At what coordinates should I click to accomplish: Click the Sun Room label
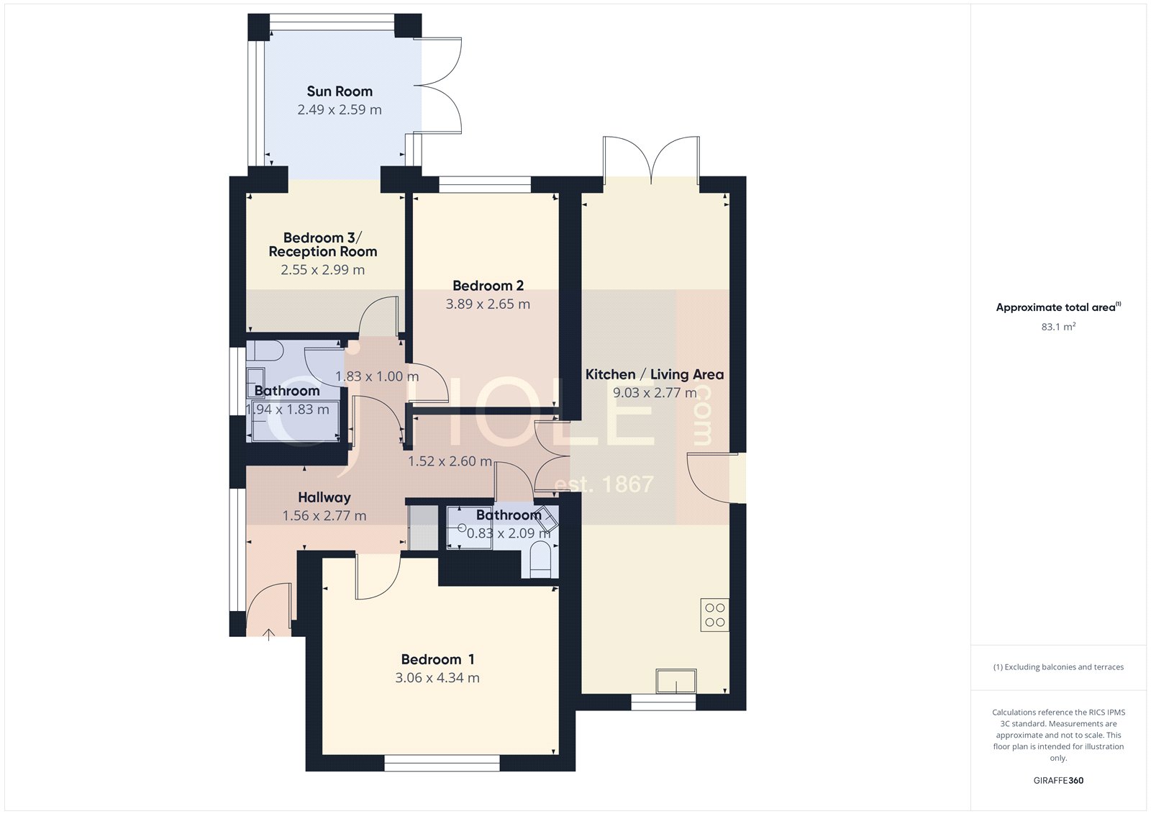pyautogui.click(x=340, y=91)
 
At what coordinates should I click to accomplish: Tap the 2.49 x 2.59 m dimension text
pyautogui.click(x=340, y=110)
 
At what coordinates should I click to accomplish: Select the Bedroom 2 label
pyautogui.click(x=488, y=286)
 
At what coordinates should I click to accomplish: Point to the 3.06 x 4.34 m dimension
pyautogui.click(x=437, y=678)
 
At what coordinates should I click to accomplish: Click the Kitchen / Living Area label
pyautogui.click(x=654, y=374)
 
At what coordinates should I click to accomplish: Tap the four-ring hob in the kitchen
pyautogui.click(x=714, y=615)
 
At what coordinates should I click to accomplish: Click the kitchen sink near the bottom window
pyautogui.click(x=675, y=681)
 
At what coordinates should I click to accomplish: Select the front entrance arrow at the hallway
pyautogui.click(x=269, y=634)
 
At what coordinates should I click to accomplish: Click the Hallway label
pyautogui.click(x=324, y=497)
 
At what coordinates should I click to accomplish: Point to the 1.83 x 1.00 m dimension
pyautogui.click(x=377, y=376)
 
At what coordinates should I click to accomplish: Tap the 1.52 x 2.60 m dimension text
pyautogui.click(x=450, y=461)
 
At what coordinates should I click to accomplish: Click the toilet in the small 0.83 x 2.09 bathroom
pyautogui.click(x=540, y=560)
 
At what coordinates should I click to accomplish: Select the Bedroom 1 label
pyautogui.click(x=437, y=659)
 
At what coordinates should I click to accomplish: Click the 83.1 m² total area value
pyautogui.click(x=1058, y=327)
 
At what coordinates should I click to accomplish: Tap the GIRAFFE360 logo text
pyautogui.click(x=1058, y=780)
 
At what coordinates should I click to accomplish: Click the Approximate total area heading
pyautogui.click(x=1055, y=307)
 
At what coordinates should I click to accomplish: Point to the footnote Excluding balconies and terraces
pyautogui.click(x=1058, y=667)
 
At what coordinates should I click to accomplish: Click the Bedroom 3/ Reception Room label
pyautogui.click(x=322, y=245)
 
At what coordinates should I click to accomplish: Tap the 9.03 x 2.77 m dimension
pyautogui.click(x=654, y=393)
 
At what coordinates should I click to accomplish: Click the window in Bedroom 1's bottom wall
pyautogui.click(x=442, y=764)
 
